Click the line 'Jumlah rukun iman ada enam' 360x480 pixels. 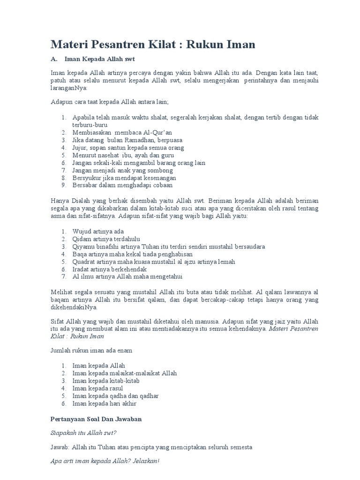pyautogui.click(x=91, y=350)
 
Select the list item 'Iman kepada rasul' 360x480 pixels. pyautogui.click(x=98, y=388)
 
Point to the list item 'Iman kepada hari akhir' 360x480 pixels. pyautogui.click(x=105, y=403)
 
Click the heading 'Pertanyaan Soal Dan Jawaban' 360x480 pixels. pyautogui.click(x=96, y=419)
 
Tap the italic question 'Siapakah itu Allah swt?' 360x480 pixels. pyautogui.click(x=83, y=434)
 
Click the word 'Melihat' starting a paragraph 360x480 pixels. pyautogui.click(x=61, y=292)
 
